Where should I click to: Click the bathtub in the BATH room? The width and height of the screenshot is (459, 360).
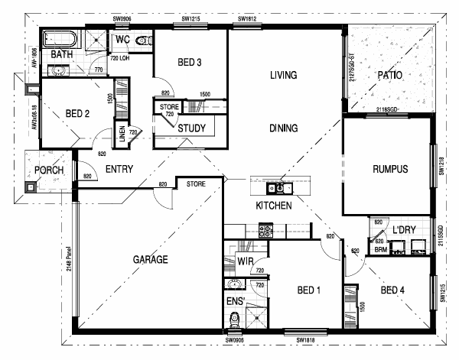tap(58, 38)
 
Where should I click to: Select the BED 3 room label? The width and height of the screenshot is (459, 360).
tap(189, 63)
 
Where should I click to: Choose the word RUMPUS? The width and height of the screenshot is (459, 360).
tap(389, 169)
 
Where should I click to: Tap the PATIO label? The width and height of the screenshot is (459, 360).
tap(390, 75)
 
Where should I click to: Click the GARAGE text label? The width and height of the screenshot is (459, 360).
tap(150, 259)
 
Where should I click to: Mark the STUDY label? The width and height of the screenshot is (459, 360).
tap(190, 128)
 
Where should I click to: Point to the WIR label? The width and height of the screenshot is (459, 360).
tap(245, 261)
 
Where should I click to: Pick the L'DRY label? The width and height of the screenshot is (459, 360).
tap(402, 229)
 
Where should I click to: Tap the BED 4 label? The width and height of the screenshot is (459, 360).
tap(392, 290)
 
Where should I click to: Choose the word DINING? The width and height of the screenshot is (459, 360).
tap(283, 128)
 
